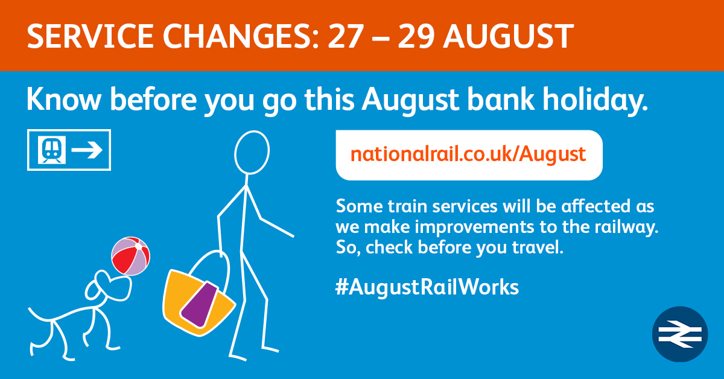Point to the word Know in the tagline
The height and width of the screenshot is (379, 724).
click(64, 100)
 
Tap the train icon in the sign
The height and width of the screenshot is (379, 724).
click(52, 150)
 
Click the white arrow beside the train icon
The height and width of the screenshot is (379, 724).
click(87, 150)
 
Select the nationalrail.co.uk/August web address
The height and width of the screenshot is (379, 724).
click(468, 154)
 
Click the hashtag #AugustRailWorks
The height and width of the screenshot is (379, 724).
click(427, 287)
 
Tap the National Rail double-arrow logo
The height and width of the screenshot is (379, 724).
click(680, 334)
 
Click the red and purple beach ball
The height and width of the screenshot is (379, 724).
click(130, 256)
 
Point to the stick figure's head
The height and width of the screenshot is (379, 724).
click(252, 152)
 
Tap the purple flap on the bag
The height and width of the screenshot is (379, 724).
click(199, 305)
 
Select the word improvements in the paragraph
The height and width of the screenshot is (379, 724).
click(474, 228)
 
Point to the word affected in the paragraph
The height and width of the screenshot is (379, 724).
click(595, 206)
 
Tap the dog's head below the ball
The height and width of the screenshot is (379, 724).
click(110, 286)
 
